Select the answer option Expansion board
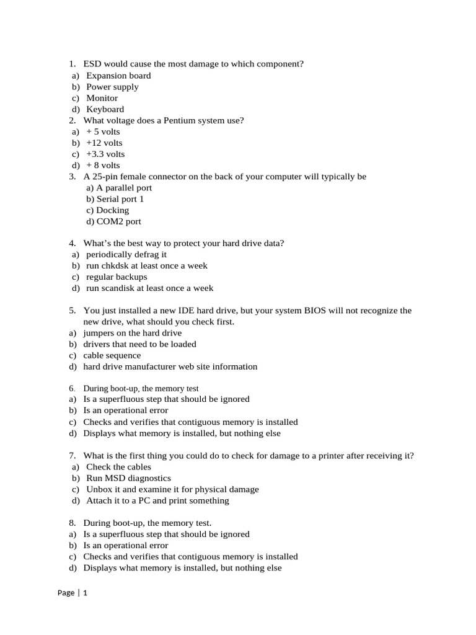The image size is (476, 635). tap(118, 76)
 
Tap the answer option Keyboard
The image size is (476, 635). tap(105, 109)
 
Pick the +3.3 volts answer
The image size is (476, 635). tap(105, 154)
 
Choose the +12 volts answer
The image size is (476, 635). tap(104, 143)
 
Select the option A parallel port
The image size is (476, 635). tap(119, 187)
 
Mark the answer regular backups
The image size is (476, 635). tap(117, 277)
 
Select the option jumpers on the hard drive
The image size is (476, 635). tap(133, 333)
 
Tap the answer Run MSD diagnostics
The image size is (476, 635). tap(128, 478)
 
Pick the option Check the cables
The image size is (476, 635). tap(118, 467)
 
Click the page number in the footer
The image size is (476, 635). tap(85, 593)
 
